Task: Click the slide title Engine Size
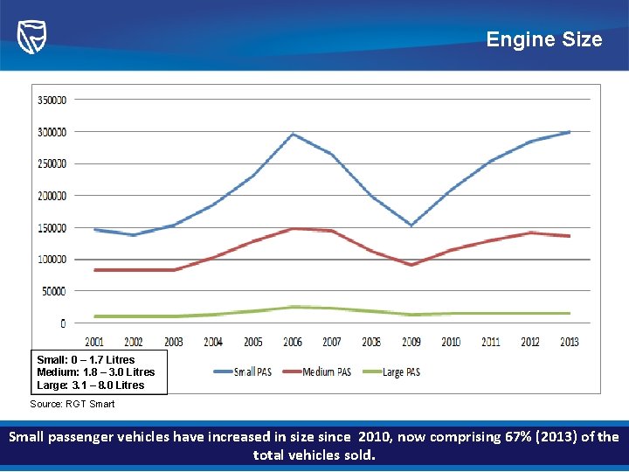[543, 39]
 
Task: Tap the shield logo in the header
[31, 37]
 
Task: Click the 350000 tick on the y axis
[52, 100]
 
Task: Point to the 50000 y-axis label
[52, 291]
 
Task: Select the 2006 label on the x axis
[293, 342]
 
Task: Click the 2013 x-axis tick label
[570, 342]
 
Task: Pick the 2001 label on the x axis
[93, 342]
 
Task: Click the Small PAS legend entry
[243, 371]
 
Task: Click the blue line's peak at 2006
[293, 134]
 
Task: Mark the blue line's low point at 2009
[411, 226]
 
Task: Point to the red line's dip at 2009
[411, 265]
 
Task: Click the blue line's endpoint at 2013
[570, 132]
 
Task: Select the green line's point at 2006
[293, 307]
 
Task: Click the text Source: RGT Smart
[73, 404]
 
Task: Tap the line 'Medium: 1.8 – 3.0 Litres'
[95, 372]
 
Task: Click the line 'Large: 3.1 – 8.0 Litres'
[90, 385]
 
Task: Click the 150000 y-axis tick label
[52, 227]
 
